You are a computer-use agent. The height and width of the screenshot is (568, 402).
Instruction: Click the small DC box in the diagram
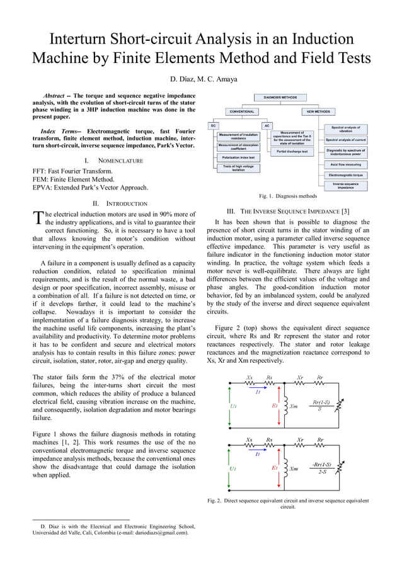pyautogui.click(x=214, y=125)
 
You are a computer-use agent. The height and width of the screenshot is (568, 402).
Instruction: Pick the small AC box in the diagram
pyautogui.click(x=267, y=125)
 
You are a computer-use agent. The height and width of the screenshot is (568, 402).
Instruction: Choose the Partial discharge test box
pyautogui.click(x=292, y=152)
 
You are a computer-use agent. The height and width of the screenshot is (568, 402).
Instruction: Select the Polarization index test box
pyautogui.click(x=238, y=157)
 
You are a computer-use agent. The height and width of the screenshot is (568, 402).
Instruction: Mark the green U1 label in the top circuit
pyautogui.click(x=233, y=406)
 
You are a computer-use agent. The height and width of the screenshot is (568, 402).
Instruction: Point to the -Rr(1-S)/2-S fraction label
pyautogui.click(x=322, y=468)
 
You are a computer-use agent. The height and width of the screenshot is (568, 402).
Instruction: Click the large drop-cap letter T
pyautogui.click(x=38, y=219)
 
